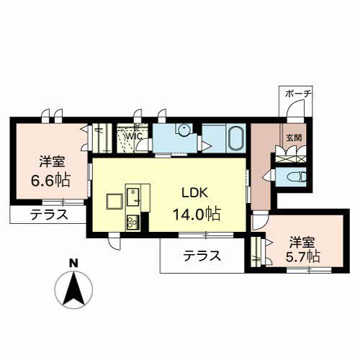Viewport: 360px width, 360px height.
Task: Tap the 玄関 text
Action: point(295,137)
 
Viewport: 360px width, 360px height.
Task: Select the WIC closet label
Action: point(134,135)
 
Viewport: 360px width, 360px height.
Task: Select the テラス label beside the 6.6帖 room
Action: point(48,215)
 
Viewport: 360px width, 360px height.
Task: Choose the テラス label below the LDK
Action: point(201,256)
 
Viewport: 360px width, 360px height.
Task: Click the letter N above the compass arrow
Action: point(73,264)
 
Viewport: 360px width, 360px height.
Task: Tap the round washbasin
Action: point(185,130)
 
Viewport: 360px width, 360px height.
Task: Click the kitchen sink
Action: point(134,194)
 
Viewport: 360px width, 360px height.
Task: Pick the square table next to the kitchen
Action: point(114,199)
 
